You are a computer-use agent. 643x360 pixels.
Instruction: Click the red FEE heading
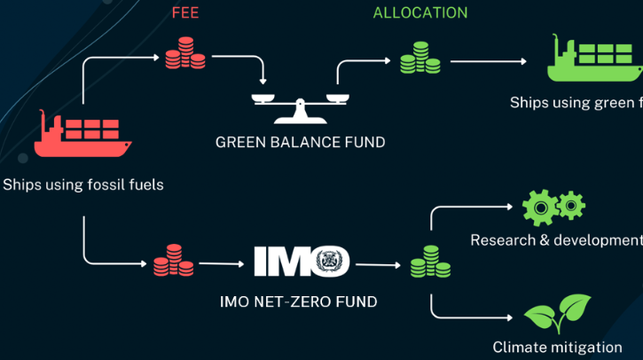185,13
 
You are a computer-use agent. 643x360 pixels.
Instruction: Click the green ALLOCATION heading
420,13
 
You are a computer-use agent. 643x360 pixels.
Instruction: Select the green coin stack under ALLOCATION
420,58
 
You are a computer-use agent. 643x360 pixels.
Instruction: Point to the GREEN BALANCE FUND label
300,142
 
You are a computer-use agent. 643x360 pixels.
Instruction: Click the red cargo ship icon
82,136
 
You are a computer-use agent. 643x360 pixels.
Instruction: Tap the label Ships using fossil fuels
83,185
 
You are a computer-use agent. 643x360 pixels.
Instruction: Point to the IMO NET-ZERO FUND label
298,302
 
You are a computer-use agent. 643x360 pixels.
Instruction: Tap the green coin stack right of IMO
430,262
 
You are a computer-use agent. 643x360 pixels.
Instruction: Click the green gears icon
553,207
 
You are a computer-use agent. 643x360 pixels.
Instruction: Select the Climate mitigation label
557,347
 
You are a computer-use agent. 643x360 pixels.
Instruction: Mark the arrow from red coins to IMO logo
220,263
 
